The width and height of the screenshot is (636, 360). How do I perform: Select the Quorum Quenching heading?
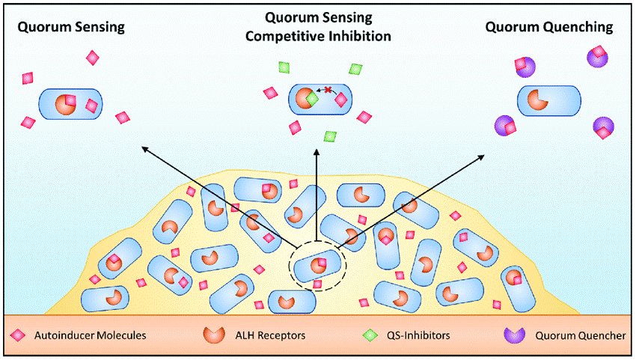[x=549, y=27]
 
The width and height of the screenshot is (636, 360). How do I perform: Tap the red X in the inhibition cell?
[x=327, y=90]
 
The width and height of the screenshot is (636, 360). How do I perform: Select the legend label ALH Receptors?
[x=254, y=335]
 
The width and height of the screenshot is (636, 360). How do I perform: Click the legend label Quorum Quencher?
[x=580, y=335]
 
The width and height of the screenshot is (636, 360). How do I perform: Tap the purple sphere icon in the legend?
[x=518, y=335]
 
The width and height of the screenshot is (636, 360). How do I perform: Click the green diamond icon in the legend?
[x=368, y=335]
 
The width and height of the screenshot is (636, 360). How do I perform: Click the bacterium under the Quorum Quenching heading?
[x=549, y=100]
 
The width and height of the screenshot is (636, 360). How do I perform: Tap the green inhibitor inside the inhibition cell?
[x=312, y=99]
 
